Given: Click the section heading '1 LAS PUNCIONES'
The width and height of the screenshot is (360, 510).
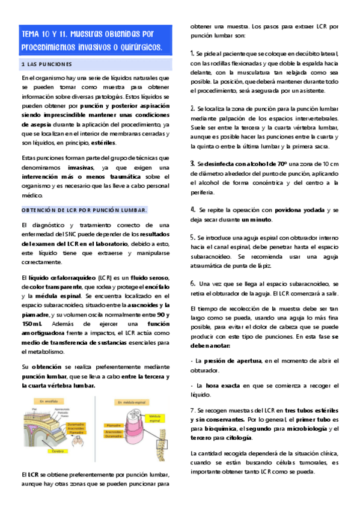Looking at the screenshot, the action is pos(46,64).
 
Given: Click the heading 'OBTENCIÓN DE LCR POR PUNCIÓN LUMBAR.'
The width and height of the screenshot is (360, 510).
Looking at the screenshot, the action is pos(84,209).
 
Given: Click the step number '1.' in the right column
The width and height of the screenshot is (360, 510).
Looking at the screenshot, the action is pos(192,53).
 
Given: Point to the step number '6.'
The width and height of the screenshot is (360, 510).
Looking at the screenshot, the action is pos(192,283).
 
